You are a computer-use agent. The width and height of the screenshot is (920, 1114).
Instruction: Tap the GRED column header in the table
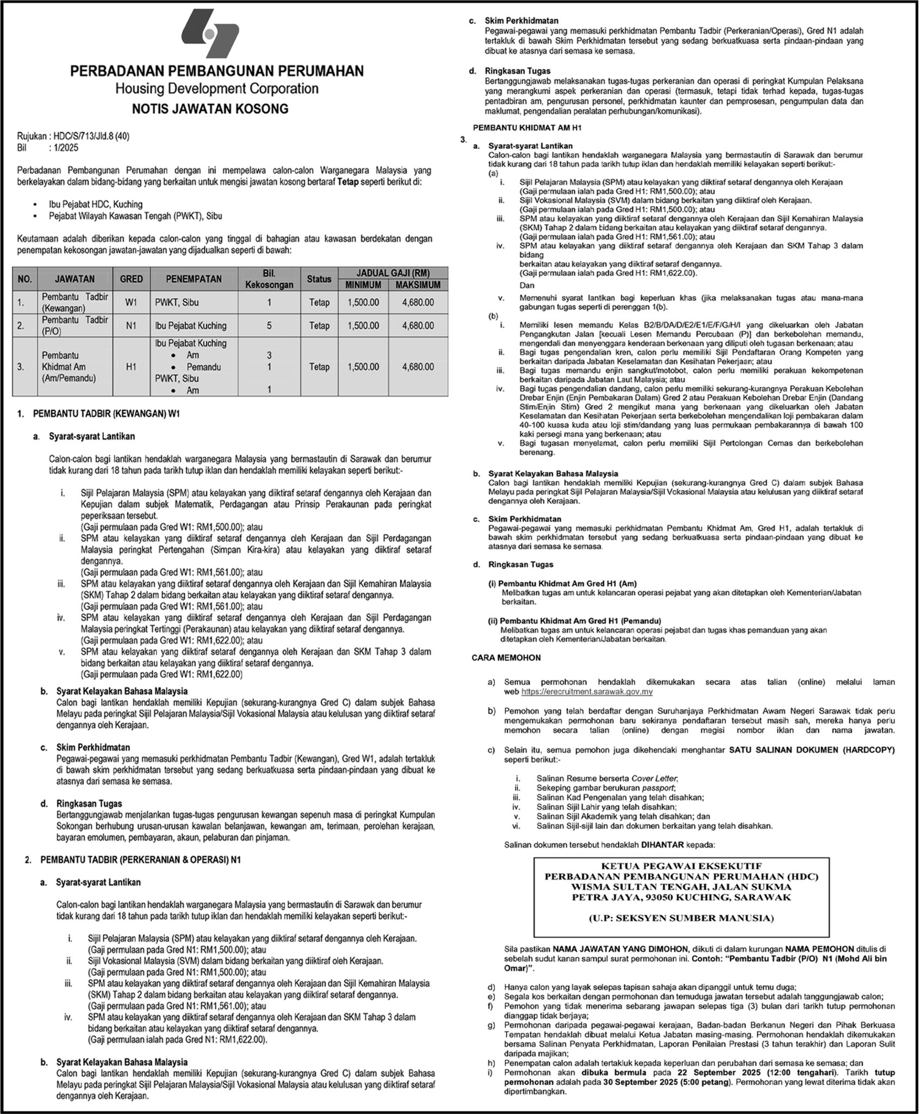[x=131, y=279]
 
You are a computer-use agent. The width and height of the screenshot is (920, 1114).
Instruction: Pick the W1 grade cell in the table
[x=131, y=302]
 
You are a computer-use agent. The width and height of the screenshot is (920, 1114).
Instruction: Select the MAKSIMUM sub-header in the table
[x=418, y=285]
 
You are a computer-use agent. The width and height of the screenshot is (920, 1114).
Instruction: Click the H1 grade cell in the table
[x=131, y=367]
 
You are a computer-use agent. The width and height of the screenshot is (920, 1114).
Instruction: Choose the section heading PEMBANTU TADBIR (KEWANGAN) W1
[x=107, y=414]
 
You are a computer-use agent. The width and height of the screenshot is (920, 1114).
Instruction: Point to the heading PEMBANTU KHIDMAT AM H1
[x=513, y=127]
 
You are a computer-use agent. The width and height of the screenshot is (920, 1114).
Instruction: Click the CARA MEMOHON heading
[x=506, y=658]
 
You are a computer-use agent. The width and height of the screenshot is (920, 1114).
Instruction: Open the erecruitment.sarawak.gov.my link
[x=587, y=692]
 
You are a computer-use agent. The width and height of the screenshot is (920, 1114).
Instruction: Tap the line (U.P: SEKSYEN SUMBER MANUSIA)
[x=681, y=918]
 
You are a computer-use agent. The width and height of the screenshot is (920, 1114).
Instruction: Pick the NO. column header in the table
[x=24, y=279]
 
